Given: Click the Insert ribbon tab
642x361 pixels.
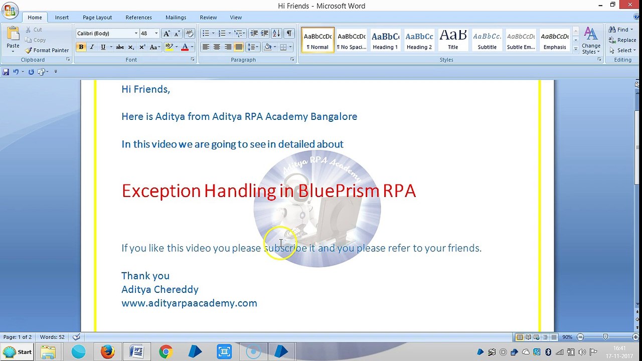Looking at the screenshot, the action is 62,18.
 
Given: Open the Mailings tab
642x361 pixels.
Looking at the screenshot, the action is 176,18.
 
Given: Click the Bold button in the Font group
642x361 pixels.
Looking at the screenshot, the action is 81,47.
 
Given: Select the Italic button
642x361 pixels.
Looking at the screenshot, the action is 92,47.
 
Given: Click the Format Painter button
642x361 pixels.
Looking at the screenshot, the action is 47,51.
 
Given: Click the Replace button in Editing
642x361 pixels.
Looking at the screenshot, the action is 622,40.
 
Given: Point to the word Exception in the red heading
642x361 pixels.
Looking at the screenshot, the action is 162,191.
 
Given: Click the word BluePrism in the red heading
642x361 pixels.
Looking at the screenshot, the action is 339,191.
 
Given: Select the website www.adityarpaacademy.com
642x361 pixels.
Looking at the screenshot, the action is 189,303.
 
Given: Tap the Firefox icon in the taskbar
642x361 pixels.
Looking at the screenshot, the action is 108,351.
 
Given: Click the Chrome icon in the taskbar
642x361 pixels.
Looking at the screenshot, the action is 166,351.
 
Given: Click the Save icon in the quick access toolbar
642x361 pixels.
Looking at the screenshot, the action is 6,72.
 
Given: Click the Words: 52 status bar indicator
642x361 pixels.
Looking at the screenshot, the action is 52,337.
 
